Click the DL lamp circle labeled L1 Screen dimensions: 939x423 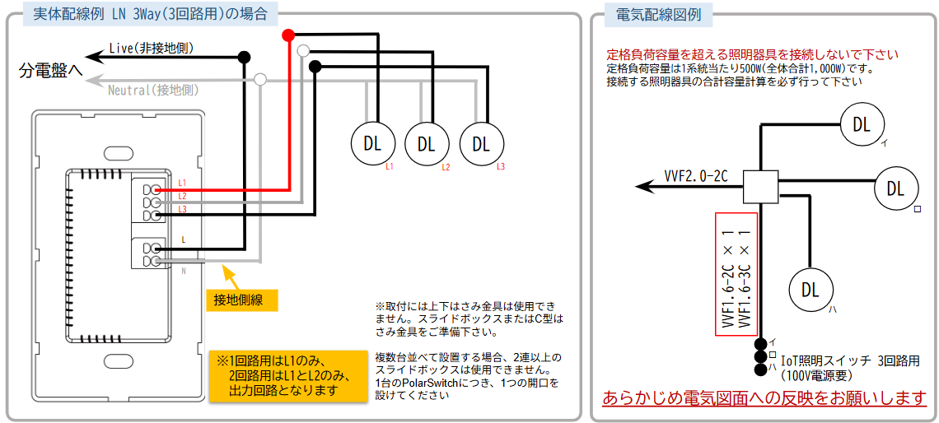371,143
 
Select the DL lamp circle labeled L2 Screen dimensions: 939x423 426,143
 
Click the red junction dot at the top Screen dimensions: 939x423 288,35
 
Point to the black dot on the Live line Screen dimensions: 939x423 245,57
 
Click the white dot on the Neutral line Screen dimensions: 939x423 260,78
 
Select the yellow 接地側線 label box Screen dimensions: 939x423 242,299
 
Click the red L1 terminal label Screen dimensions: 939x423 182,182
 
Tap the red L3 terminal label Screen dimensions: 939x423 182,208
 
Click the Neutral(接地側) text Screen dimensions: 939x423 153,91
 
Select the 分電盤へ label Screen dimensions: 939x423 51,72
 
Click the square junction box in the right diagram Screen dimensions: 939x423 760,186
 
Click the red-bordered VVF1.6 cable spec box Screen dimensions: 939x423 736,274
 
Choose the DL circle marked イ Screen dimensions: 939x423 862,124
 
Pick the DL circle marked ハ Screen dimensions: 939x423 811,290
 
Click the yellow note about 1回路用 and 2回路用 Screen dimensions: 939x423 287,376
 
